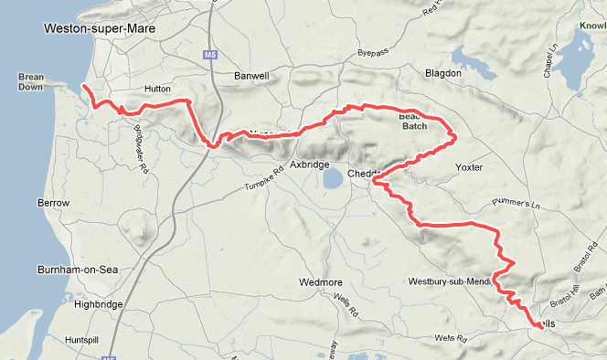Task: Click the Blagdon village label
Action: (443, 72)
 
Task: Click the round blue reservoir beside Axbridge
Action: (333, 176)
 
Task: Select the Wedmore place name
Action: (317, 282)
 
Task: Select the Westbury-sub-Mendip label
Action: (451, 281)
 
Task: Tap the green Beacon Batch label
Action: (412, 121)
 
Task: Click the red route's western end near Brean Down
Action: (83, 87)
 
